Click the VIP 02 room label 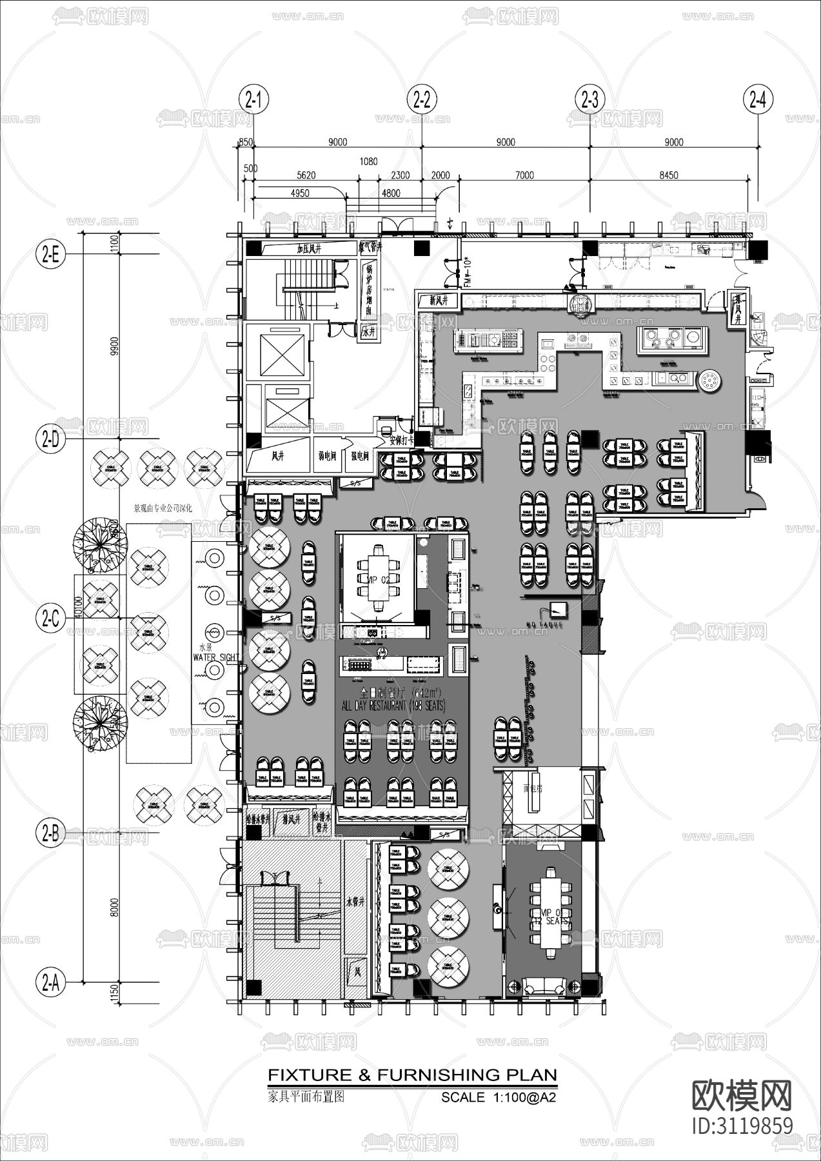(377, 580)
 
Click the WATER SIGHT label (216, 657)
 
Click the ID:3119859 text (742, 1126)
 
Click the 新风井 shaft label (438, 301)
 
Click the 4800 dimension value (391, 193)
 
